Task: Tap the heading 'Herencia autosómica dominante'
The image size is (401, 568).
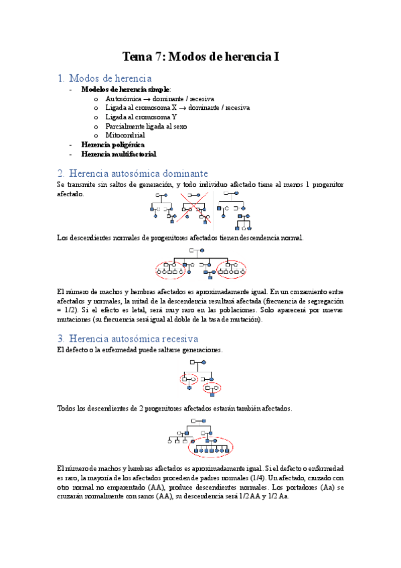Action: tap(138, 173)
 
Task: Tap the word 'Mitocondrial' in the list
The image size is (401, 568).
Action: tap(125, 135)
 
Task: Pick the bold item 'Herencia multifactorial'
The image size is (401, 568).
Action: tap(118, 154)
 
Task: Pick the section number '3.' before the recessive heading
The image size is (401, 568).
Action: tap(61, 338)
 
